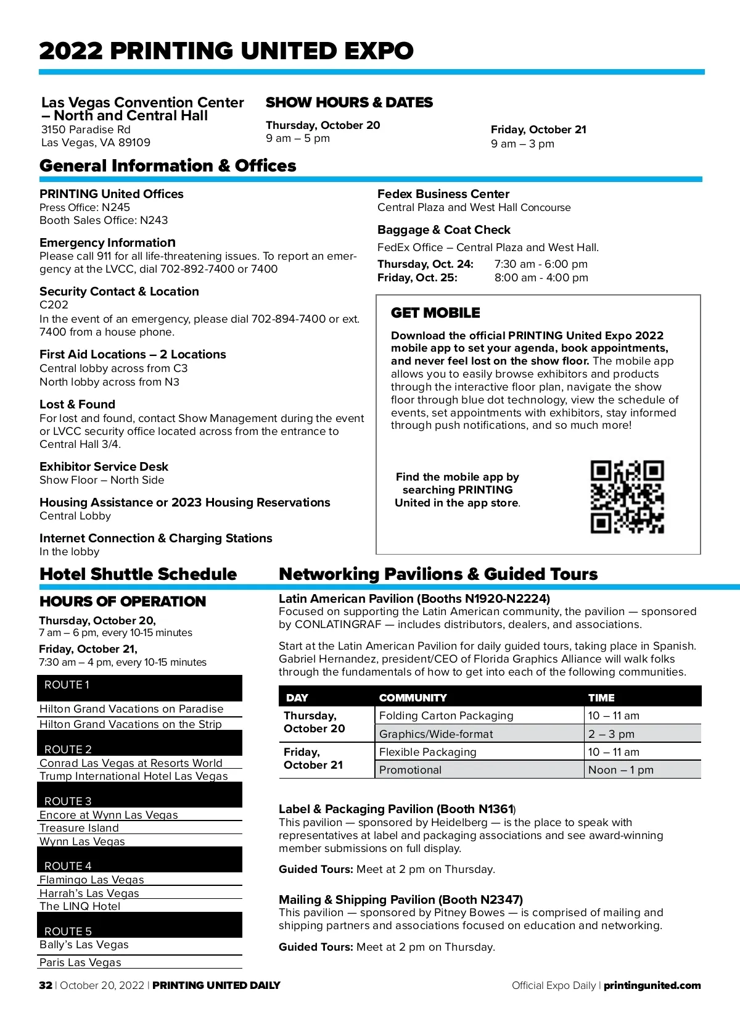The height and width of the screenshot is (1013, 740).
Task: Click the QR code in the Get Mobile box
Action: [x=627, y=497]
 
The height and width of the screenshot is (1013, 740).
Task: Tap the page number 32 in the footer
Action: [x=46, y=985]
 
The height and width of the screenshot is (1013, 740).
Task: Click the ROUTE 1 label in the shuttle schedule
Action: [x=67, y=685]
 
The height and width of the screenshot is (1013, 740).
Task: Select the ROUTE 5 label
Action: [x=68, y=931]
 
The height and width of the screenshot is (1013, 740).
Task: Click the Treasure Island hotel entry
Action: [x=79, y=828]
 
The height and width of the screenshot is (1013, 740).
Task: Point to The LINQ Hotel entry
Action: [x=80, y=906]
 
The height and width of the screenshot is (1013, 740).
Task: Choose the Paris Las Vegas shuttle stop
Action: [x=80, y=962]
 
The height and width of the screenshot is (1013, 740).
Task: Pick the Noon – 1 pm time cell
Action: [x=620, y=770]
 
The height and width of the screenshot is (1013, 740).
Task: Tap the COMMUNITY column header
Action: [x=413, y=698]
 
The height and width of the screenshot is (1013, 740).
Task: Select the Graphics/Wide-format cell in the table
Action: [x=436, y=734]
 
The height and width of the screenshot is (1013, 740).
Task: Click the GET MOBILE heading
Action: [x=435, y=313]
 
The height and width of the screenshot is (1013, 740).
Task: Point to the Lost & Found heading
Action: [x=77, y=404]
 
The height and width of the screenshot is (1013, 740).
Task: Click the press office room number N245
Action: [x=116, y=207]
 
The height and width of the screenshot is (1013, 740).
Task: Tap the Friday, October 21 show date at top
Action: [x=538, y=130]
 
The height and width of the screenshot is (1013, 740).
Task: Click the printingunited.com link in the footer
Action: [x=652, y=985]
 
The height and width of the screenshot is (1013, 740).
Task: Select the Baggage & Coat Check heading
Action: [x=444, y=229]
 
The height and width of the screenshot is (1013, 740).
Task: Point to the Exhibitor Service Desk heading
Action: [x=104, y=466]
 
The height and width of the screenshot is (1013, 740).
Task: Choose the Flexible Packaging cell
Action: [x=427, y=752]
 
